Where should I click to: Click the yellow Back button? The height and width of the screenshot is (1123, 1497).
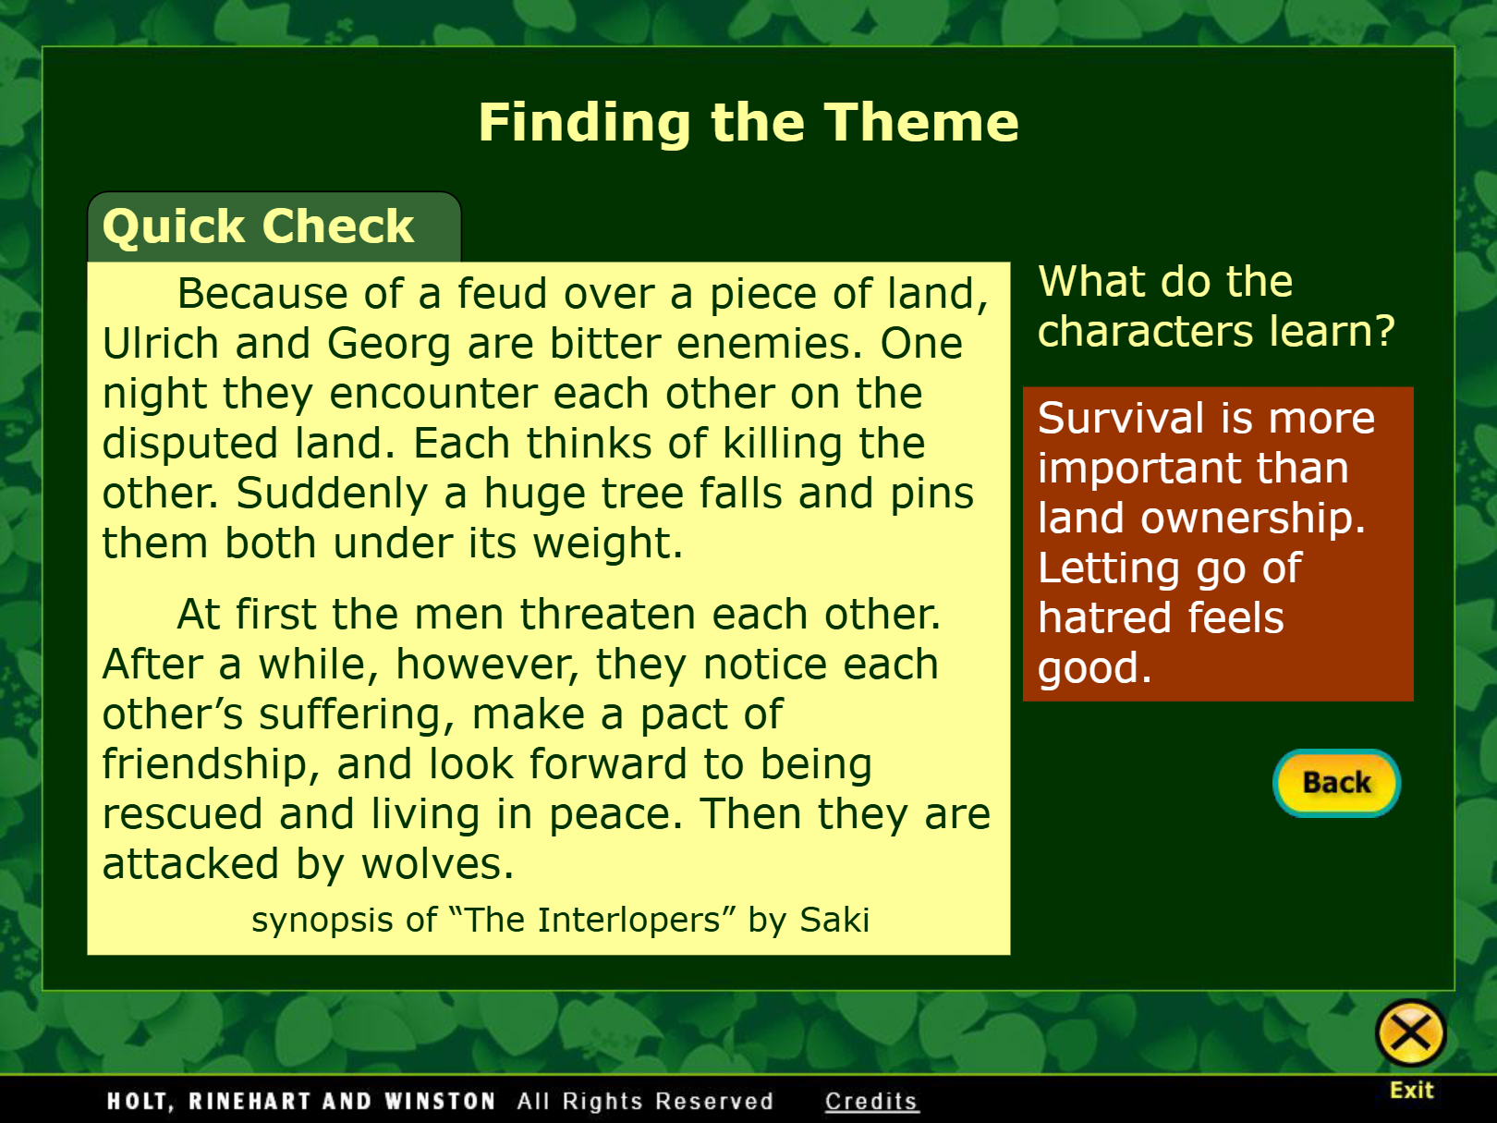coord(1336,783)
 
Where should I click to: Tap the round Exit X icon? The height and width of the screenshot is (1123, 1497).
coord(1410,1033)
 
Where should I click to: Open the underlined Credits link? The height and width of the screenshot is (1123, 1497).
coord(870,1101)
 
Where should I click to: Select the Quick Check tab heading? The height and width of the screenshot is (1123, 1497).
coord(259,226)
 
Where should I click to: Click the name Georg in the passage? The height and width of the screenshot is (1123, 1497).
coord(389,345)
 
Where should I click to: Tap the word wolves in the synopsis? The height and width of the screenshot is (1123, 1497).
coord(437,863)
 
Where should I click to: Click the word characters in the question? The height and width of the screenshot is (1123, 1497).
coord(1145,332)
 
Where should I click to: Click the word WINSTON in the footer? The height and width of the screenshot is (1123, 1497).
coord(440,1101)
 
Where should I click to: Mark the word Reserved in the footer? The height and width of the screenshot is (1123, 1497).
coord(714,1101)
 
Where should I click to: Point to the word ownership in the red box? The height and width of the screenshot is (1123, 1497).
coord(1254,518)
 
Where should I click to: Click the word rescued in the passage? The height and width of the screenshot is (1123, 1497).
coord(182,813)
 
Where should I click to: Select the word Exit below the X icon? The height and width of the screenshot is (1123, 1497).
coord(1412,1091)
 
